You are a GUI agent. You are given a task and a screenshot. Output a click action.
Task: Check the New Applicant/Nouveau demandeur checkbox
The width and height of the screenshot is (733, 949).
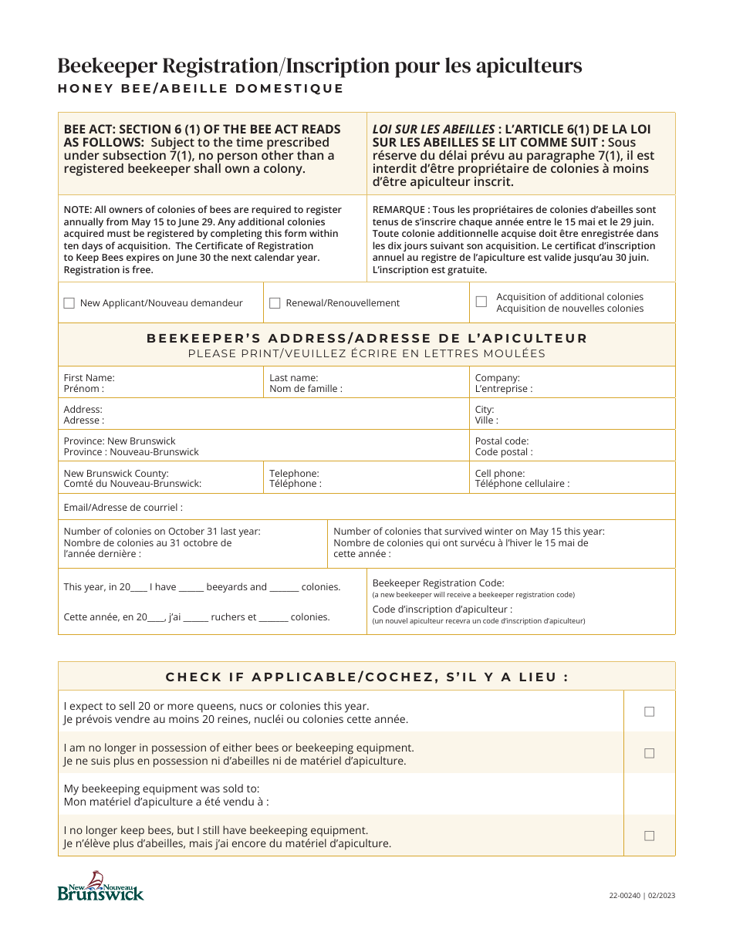tap(69, 303)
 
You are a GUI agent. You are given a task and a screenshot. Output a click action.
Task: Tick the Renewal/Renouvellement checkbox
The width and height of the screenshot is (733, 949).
tap(275, 303)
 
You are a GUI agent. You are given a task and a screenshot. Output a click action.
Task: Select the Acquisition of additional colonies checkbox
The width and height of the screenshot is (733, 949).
tap(481, 302)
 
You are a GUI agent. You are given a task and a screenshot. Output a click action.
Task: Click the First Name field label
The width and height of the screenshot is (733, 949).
tap(89, 378)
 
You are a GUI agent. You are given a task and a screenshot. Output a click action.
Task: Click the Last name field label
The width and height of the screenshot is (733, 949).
tap(293, 378)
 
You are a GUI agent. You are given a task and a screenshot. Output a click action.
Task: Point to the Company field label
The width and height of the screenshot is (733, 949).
tap(497, 378)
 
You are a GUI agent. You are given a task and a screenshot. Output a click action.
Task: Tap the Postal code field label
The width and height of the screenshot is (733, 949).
tap(502, 441)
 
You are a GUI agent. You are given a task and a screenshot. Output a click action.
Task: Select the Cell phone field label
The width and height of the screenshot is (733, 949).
tap(499, 473)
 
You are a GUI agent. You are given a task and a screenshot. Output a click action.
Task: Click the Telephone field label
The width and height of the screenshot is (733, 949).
tap(294, 473)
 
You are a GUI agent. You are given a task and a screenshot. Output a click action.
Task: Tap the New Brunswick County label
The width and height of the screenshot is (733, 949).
tap(116, 473)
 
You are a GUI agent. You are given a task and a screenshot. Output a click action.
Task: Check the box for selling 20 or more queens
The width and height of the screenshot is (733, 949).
tap(649, 711)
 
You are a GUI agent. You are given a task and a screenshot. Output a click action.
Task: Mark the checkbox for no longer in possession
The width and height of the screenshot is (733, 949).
tap(649, 753)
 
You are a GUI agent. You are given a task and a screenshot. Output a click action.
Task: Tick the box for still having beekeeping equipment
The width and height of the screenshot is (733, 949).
tap(649, 836)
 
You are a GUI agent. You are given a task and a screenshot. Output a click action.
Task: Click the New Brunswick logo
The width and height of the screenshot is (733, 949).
tap(100, 887)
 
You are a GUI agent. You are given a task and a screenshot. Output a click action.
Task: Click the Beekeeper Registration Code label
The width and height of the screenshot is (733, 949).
tap(437, 583)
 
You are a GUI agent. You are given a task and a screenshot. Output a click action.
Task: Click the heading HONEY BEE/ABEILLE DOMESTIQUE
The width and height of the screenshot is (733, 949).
tap(201, 89)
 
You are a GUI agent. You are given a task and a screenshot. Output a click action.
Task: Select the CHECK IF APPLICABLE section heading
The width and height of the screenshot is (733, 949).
tap(366, 677)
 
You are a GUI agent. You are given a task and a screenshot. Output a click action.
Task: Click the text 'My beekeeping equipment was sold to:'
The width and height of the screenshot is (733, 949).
tap(161, 789)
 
